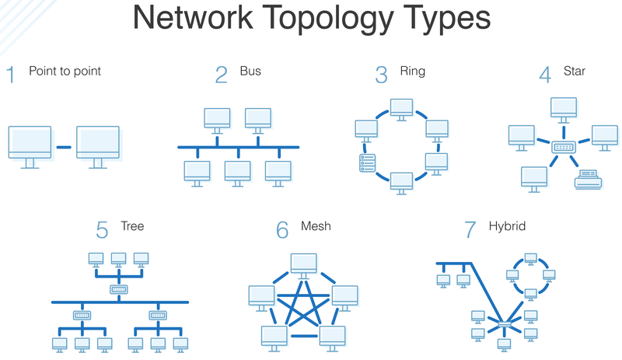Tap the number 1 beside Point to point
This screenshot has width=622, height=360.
(11, 75)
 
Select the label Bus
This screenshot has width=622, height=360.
(250, 72)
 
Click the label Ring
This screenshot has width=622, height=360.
(412, 72)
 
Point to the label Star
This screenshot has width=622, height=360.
(574, 72)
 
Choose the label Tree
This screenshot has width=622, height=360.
(132, 226)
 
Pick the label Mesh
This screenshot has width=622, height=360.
(316, 226)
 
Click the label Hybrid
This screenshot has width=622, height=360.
(507, 226)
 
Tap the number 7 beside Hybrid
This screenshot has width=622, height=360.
(470, 230)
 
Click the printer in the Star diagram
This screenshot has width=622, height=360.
(588, 181)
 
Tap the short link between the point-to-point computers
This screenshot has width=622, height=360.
(64, 147)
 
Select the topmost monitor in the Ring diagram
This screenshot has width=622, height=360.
(401, 110)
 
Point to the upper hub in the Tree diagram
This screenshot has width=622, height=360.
(119, 289)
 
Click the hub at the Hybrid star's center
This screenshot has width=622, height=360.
(505, 324)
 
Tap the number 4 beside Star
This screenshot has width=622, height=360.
(545, 75)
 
